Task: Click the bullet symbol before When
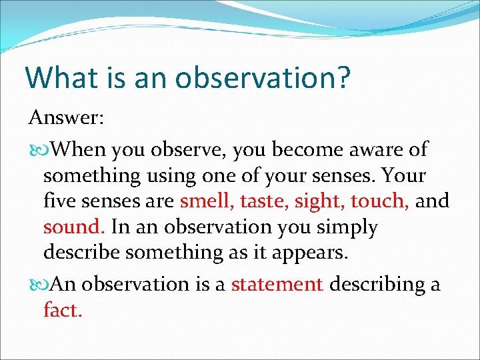click(x=37, y=151)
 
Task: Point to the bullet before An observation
click(x=37, y=285)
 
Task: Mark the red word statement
click(x=277, y=285)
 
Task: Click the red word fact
click(x=63, y=310)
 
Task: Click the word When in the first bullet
click(x=78, y=150)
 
